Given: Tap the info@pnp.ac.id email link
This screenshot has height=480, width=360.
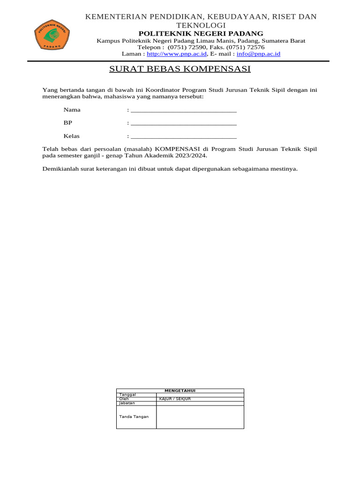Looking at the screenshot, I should coord(258,54).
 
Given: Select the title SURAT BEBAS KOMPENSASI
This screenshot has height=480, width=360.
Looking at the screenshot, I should coord(180,69).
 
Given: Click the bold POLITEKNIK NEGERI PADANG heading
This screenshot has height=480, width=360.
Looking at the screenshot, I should coord(201,33).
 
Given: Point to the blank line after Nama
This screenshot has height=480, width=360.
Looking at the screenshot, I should coord(184,111).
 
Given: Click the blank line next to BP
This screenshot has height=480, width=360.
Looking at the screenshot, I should coord(184,124).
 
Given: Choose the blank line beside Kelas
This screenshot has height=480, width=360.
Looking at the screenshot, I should coord(184,137).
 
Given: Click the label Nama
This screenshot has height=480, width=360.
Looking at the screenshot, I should coord(72,110).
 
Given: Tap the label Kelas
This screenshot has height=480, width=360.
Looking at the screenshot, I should coord(72,136).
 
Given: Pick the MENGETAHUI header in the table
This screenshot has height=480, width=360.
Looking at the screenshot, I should coord(180,390).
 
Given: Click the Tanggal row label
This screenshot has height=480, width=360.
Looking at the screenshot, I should coord(127,395).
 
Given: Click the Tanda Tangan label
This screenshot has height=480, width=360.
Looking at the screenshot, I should coord(134,417).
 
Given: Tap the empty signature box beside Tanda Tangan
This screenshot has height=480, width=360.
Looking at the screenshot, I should coord(200,417).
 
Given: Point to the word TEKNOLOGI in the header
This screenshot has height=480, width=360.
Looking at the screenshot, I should coord(201,25).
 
